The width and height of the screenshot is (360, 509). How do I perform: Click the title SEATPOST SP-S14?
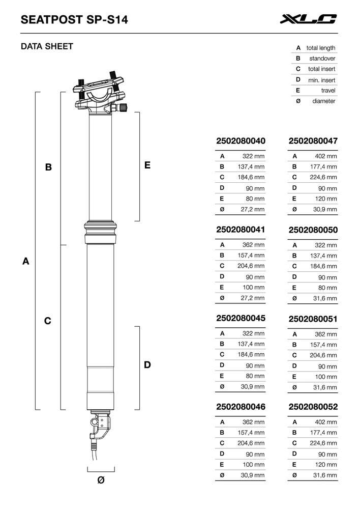(74, 20)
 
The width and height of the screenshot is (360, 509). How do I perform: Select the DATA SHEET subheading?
(47, 46)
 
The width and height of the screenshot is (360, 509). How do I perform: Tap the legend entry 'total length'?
(320, 48)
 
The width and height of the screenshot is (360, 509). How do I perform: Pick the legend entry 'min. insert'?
(321, 80)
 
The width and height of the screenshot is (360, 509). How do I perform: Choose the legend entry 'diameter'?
(323, 101)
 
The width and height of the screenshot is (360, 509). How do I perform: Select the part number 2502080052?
(313, 407)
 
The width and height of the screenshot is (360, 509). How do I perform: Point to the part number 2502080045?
(241, 318)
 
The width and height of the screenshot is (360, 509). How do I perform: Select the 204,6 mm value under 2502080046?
(252, 443)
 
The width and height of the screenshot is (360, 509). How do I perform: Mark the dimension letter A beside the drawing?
(25, 262)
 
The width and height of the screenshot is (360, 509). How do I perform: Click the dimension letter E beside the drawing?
(147, 165)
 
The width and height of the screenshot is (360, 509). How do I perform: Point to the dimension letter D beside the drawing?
(147, 365)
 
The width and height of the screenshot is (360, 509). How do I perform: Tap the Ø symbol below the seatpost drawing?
(101, 480)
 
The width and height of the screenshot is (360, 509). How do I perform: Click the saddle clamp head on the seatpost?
(100, 95)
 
